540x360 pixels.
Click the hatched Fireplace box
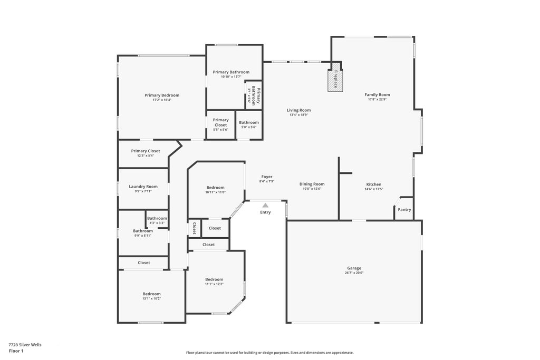pos(335,81)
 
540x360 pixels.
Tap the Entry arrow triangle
pos(265,206)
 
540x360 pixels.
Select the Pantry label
pos(404,209)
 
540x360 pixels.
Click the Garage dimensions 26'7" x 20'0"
pos(354,273)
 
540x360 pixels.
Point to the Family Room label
pos(377,94)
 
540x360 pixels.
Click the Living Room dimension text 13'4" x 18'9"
pos(298,114)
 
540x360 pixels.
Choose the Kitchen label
pos(374,184)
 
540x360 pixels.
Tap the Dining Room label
pos(312,184)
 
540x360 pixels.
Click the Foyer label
pos(266,177)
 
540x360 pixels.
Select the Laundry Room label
pos(143,186)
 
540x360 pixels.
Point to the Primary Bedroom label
pos(162,95)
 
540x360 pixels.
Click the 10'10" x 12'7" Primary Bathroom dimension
pos(231,76)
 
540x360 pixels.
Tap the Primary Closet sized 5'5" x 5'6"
pos(220,124)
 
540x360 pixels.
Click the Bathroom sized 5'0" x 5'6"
pos(249,124)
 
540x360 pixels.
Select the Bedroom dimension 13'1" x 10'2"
pos(151,298)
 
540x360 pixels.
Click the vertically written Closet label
pos(195,228)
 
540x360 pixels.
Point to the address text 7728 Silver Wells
pos(25,345)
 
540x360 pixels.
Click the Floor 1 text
pos(16,351)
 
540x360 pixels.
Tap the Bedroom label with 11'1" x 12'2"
pos(214,279)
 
